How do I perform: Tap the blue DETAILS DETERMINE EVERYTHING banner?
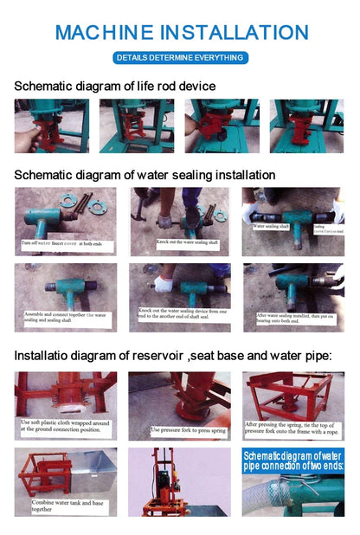(180, 57)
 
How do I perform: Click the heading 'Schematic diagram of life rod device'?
(114, 87)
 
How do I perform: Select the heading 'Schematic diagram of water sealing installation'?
(145, 175)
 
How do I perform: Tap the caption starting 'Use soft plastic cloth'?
(64, 424)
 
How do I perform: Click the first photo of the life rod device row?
(51, 126)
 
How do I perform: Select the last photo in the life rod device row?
(306, 126)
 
